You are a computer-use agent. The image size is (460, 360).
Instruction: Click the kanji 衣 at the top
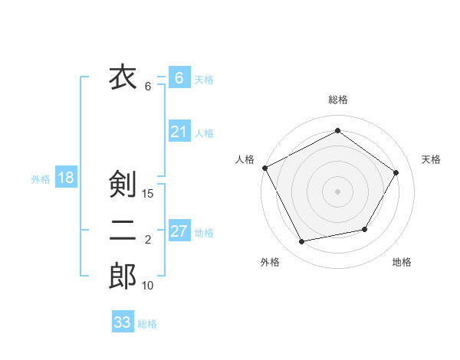[123, 77]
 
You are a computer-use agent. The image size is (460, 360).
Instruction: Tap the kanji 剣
[123, 184]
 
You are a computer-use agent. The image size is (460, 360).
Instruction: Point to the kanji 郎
[123, 277]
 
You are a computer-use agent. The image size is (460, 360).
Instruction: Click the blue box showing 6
[179, 78]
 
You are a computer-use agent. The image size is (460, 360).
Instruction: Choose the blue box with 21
[179, 132]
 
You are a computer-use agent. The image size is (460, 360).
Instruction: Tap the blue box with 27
[179, 231]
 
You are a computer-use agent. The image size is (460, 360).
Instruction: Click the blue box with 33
[123, 322]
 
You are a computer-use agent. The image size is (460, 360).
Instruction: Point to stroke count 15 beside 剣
[148, 194]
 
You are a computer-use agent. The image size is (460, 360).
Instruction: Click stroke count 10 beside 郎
[148, 286]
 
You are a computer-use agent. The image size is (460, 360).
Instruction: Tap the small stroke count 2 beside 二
[148, 241]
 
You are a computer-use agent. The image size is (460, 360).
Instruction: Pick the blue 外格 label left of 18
[41, 179]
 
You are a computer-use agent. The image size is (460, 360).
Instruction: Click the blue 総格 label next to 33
[147, 324]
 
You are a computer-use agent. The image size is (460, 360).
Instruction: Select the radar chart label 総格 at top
[337, 100]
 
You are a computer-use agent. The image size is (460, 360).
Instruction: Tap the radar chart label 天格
[431, 159]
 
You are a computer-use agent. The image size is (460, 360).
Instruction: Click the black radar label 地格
[402, 262]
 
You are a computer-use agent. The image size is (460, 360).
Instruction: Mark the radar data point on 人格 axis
[264, 167]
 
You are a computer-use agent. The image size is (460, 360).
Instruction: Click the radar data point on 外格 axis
[302, 242]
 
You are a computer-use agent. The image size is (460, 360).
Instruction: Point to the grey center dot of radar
[337, 191]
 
